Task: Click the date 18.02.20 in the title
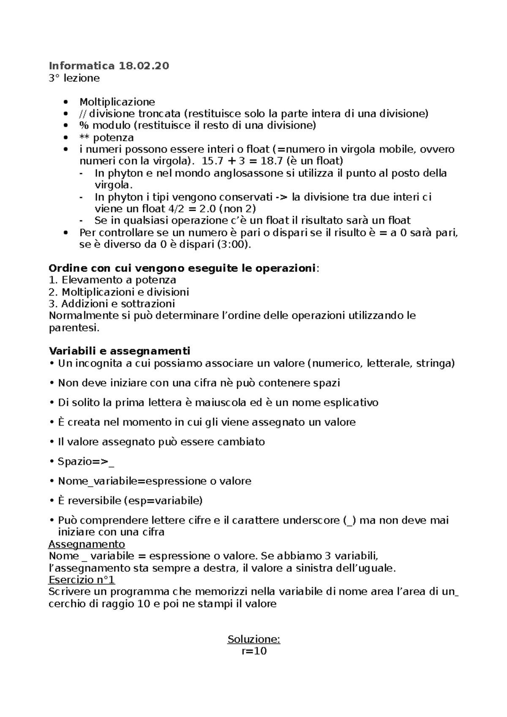click(144, 66)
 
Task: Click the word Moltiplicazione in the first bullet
click(117, 102)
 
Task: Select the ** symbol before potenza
click(84, 138)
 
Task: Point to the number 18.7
click(270, 161)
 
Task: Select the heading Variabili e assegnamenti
click(120, 351)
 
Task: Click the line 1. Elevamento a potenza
click(112, 280)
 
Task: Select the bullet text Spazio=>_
click(86, 462)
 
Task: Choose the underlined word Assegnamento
click(87, 543)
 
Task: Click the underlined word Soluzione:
click(253, 639)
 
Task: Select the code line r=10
click(254, 651)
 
